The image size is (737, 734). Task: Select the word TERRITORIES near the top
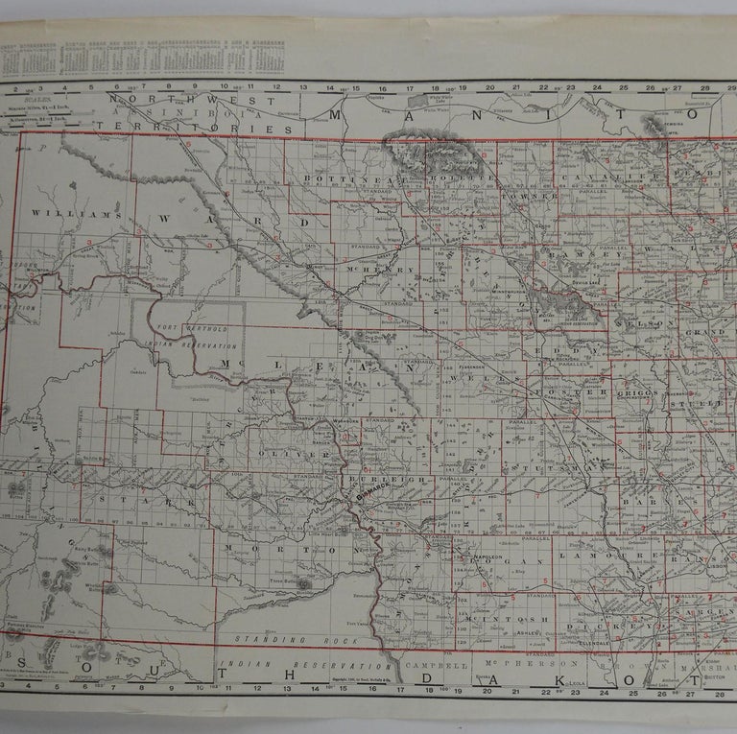pyautogui.click(x=244, y=128)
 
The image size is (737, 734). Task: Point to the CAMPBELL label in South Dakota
pyautogui.click(x=439, y=663)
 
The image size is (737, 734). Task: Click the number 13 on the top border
pyautogui.click(x=301, y=87)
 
